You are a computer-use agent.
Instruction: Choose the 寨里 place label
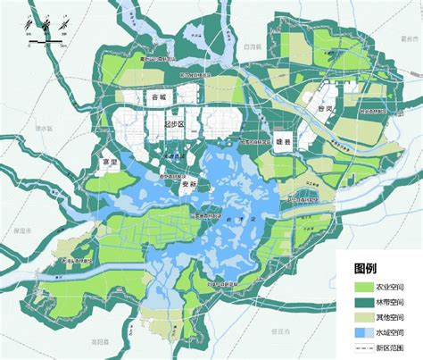pyautogui.click(x=109, y=163)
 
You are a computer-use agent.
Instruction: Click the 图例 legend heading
pyautogui.click(x=365, y=268)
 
